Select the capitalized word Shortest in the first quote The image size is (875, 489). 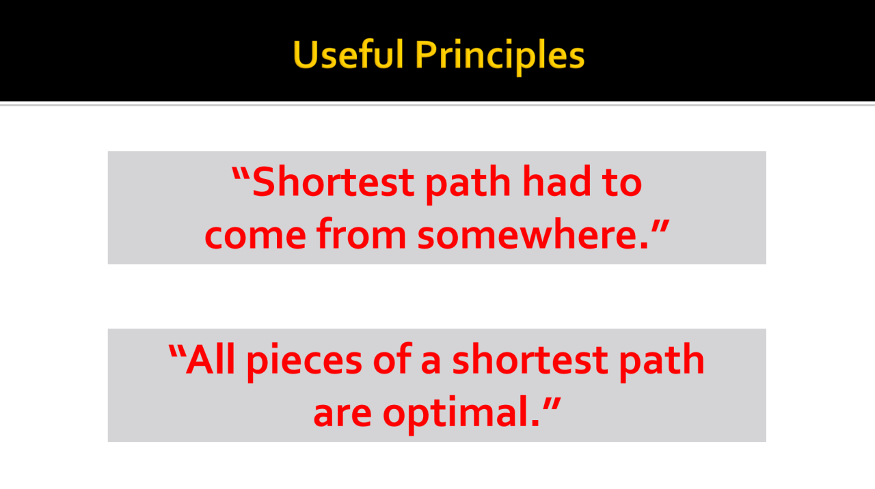[333, 182]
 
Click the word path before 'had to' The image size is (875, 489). [468, 184]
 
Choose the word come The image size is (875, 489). [255, 236]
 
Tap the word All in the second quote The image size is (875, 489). [210, 359]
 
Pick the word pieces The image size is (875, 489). [305, 362]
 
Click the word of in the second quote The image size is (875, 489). [392, 359]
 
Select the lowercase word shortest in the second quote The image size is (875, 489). [530, 359]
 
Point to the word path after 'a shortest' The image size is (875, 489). [662, 362]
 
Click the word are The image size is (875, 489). [342, 414]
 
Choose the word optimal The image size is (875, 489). [461, 415]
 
